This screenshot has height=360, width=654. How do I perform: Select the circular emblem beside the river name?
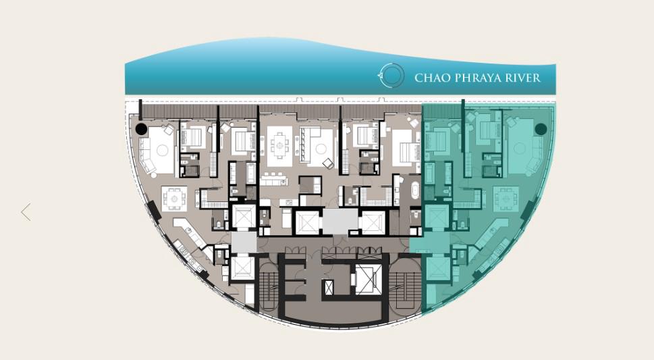pyautogui.click(x=391, y=76)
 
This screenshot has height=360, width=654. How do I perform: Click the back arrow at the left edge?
pyautogui.click(x=26, y=211)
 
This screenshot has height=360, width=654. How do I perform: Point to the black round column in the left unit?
pyautogui.click(x=141, y=129)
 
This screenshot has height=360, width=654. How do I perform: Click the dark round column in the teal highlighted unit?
pyautogui.click(x=541, y=129)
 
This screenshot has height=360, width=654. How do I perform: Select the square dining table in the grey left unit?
pyautogui.click(x=174, y=199)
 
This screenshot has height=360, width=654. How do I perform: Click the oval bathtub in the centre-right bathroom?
pyautogui.click(x=416, y=193)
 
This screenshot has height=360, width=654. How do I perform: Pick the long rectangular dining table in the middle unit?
pyautogui.click(x=279, y=146)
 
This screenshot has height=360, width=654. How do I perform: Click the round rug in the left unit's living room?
pyautogui.click(x=162, y=150)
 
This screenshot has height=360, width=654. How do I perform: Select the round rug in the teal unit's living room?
pyautogui.click(x=520, y=149)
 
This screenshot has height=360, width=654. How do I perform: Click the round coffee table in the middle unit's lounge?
pyautogui.click(x=321, y=149)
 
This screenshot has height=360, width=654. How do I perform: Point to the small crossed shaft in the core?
pyautogui.click(x=328, y=287)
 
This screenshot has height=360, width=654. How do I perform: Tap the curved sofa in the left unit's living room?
pyautogui.click(x=146, y=157)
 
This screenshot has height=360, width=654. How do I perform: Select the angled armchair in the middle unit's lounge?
pyautogui.click(x=328, y=163)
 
